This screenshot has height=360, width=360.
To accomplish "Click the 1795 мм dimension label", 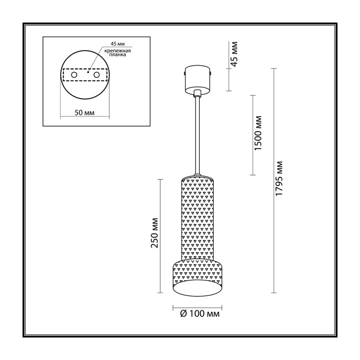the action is coord(279,179).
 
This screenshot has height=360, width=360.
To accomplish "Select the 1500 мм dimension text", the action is coord(258,133).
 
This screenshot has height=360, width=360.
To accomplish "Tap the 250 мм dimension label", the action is coord(154,233).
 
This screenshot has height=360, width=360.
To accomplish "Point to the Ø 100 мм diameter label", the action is coord(200,314).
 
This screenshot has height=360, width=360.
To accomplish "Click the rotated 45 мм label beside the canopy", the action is coord(234,54).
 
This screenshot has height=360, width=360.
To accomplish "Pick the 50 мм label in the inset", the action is coord(85,113).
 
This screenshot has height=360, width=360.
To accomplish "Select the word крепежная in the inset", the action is coord(117,51).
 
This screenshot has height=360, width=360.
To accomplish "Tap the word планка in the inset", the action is coord(117,55).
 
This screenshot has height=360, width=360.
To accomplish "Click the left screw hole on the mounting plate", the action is coord(74,75).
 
